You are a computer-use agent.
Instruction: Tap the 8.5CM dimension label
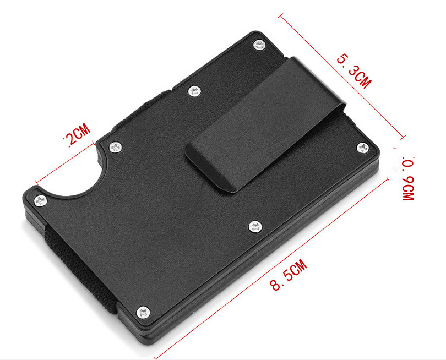[x=287, y=277]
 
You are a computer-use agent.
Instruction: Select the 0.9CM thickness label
[x=408, y=178]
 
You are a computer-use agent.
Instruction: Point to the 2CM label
[x=77, y=135]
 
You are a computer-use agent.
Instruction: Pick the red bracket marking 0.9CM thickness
[x=395, y=159]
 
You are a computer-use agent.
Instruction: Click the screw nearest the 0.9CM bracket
[x=362, y=147]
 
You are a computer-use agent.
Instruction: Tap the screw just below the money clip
[x=254, y=226]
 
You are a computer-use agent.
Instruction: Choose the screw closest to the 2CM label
[x=115, y=147]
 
